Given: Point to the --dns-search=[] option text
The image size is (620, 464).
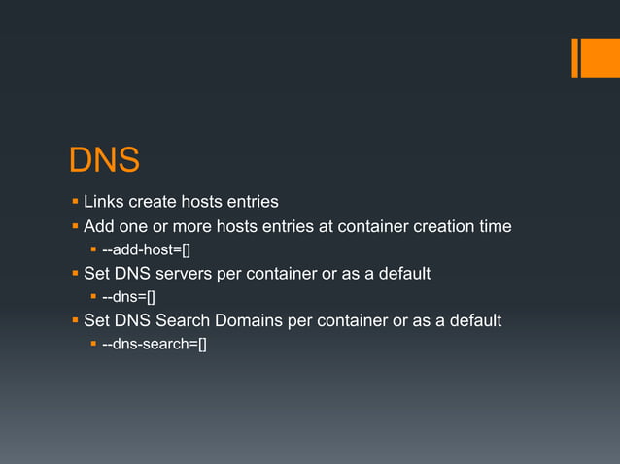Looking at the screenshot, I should pyautogui.click(x=154, y=344).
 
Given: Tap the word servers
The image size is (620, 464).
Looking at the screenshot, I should pyautogui.click(x=186, y=274).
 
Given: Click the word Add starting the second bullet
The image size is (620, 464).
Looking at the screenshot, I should pyautogui.click(x=99, y=227).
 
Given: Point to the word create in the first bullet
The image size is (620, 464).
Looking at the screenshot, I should pyautogui.click(x=153, y=203).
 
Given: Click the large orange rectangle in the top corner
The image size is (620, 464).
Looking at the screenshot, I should pyautogui.click(x=600, y=57).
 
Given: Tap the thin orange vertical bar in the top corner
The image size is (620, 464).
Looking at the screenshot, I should pyautogui.click(x=574, y=57).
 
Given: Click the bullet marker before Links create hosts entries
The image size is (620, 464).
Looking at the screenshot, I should pyautogui.click(x=75, y=203).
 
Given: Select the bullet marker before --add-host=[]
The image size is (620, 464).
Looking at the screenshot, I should pyautogui.click(x=93, y=251).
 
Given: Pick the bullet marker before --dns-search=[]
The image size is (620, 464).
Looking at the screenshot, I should pyautogui.click(x=93, y=344).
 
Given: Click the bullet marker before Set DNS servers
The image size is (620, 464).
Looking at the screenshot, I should pyautogui.click(x=75, y=274).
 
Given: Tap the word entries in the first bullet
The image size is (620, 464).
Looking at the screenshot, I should pyautogui.click(x=251, y=203).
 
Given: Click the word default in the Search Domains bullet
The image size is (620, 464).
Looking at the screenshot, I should pyautogui.click(x=473, y=320).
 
